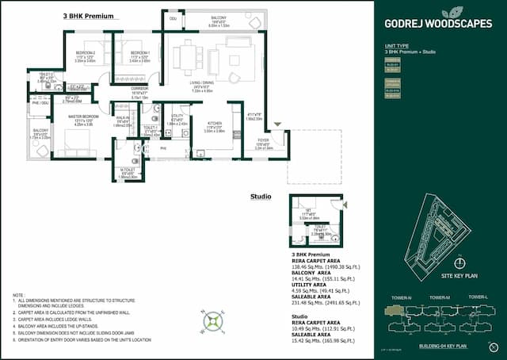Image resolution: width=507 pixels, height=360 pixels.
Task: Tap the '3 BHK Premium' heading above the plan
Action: click(x=87, y=15)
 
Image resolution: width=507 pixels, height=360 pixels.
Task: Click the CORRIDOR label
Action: click(x=139, y=90)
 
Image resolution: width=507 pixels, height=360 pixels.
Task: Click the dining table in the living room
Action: click(x=189, y=57)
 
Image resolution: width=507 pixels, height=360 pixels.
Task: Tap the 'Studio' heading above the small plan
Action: click(x=261, y=196)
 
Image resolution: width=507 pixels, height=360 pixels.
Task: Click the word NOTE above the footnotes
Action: click(x=18, y=293)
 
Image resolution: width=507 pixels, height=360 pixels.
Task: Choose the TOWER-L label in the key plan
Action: click(x=477, y=297)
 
